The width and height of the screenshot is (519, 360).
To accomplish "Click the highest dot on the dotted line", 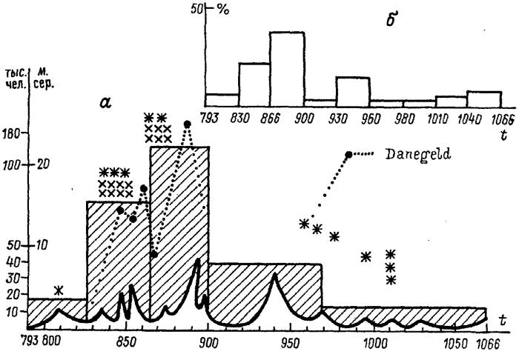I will (188, 124).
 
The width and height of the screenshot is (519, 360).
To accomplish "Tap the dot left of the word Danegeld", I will (348, 154).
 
